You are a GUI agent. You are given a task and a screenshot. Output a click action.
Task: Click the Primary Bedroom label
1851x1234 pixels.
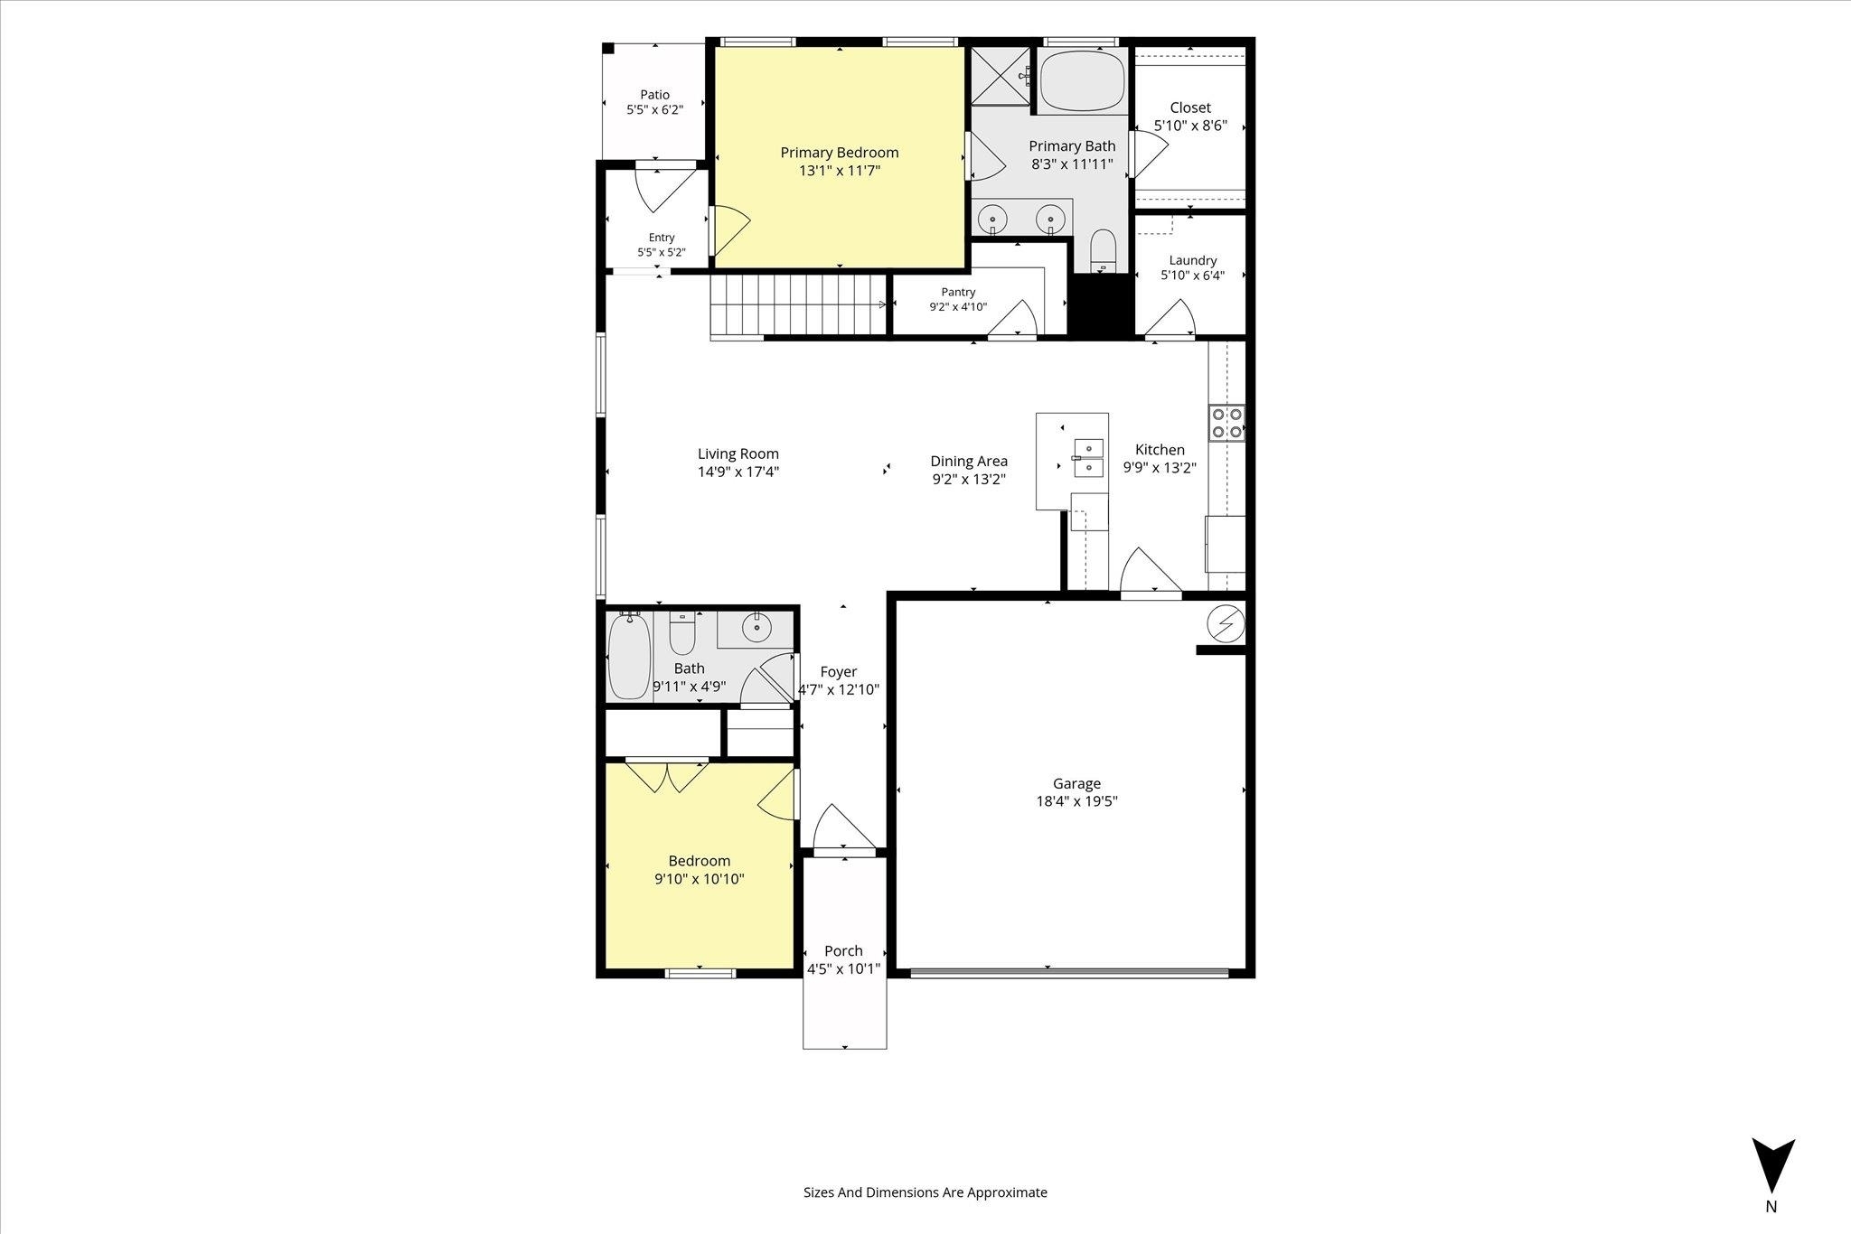840,153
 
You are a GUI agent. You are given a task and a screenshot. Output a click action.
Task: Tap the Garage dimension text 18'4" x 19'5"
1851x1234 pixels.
1076,801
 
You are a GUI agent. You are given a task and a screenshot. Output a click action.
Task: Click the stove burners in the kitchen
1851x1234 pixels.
1227,423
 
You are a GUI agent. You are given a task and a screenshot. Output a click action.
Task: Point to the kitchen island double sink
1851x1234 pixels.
1088,457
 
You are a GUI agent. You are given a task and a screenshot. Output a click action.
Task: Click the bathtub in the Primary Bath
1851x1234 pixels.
1082,80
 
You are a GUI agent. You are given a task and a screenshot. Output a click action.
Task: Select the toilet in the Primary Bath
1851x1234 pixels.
1103,250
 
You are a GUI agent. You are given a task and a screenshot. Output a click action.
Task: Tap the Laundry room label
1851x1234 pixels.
1193,260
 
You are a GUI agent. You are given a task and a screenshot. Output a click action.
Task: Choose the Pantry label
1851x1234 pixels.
958,292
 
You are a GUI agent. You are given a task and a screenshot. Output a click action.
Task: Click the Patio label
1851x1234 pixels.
655,94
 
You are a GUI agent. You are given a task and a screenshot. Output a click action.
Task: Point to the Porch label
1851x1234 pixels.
843,950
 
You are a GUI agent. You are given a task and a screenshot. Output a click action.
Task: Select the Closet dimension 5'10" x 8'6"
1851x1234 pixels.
1190,126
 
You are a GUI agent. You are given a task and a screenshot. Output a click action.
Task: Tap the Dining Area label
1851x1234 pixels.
969,461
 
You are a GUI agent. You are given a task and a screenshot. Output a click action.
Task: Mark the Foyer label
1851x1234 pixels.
839,672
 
